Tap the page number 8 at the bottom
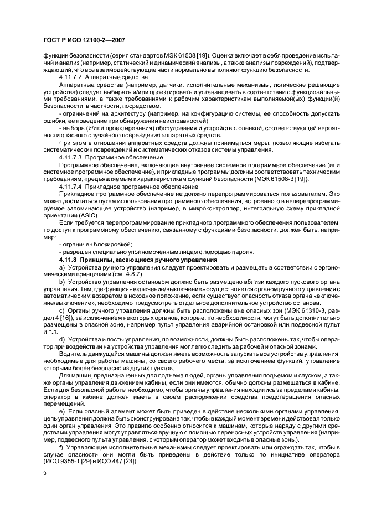pos(44,473)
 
